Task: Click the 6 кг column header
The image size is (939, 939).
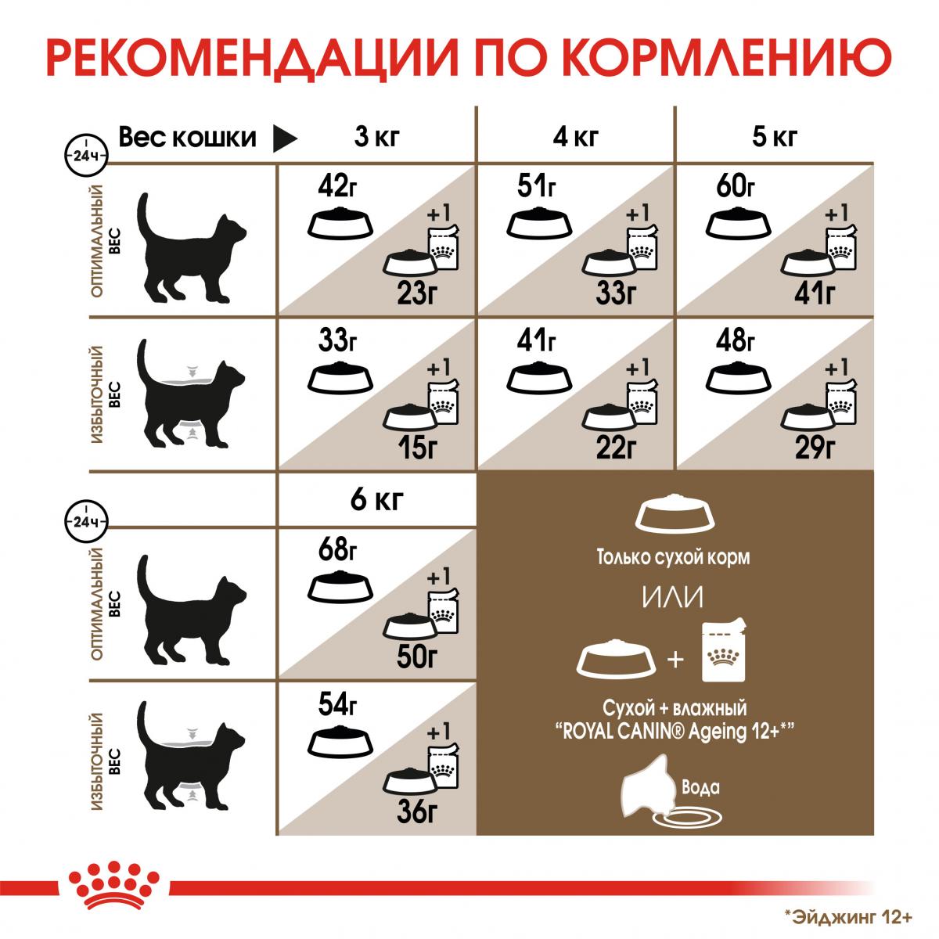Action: [x=376, y=499]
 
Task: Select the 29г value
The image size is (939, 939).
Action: [x=815, y=448]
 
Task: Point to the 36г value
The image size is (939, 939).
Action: [x=417, y=811]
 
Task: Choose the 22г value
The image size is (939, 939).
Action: [x=616, y=448]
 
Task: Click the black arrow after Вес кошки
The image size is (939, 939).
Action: [x=285, y=139]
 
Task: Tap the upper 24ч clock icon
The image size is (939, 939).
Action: [x=86, y=156]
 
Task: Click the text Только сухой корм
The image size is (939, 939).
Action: [x=673, y=557]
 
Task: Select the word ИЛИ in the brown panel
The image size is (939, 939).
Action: [x=673, y=596]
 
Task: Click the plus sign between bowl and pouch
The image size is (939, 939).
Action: [x=675, y=660]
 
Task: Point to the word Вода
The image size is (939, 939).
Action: [x=700, y=787]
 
